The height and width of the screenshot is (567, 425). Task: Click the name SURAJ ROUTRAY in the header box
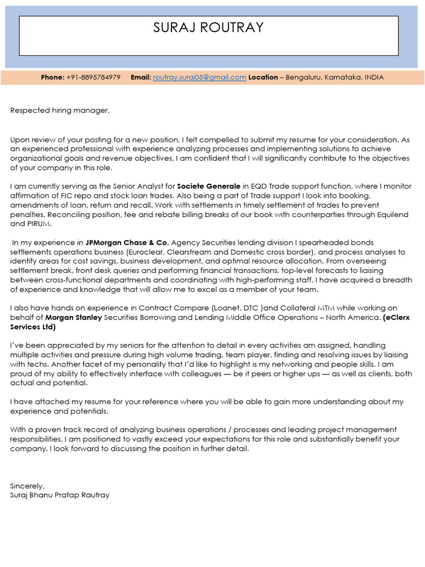click(209, 28)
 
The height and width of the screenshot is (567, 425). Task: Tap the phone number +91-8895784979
click(93, 78)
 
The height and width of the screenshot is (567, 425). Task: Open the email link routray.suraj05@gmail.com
click(199, 78)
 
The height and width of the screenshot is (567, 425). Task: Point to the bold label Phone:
click(53, 78)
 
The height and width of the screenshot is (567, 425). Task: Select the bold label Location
click(263, 78)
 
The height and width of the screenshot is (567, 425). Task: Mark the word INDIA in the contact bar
click(374, 78)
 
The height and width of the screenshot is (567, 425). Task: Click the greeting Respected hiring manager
click(60, 111)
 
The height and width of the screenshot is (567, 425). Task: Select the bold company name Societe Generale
click(209, 187)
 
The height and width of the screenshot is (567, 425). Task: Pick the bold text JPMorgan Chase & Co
click(126, 243)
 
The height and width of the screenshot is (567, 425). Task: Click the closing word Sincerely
click(27, 486)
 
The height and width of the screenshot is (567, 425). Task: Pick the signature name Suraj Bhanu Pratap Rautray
click(60, 495)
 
